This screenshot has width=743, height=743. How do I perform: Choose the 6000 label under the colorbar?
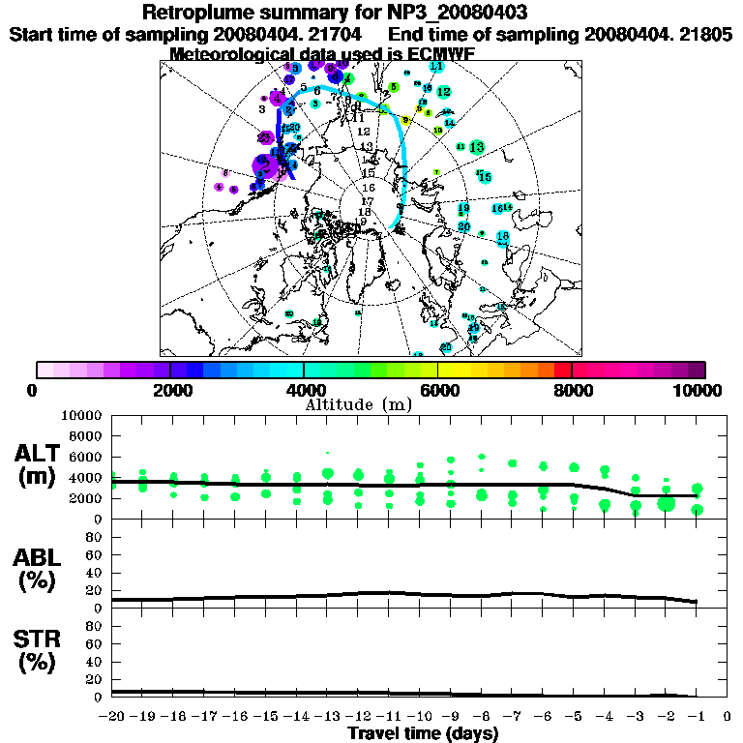tap(438, 390)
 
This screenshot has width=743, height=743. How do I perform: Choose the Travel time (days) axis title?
tap(423, 733)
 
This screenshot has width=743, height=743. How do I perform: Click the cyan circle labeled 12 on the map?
tap(443, 92)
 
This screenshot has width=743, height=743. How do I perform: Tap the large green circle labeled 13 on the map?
tap(476, 147)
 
